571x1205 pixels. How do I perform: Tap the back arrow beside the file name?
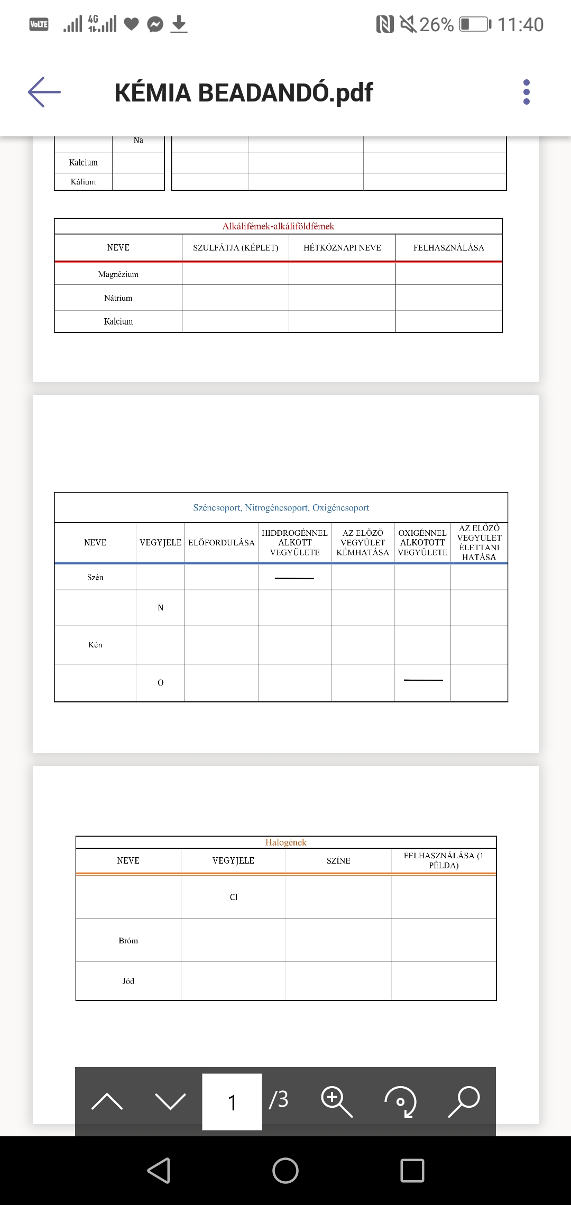tap(44, 92)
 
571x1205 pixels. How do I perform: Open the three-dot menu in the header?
tap(526, 92)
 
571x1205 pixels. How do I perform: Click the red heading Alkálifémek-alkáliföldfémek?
tap(278, 226)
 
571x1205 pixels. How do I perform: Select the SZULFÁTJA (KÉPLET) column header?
tap(235, 248)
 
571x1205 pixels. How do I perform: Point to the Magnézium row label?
tap(118, 274)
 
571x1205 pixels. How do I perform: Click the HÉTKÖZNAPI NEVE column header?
tap(342, 248)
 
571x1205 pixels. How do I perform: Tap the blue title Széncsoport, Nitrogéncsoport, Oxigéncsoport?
tap(281, 508)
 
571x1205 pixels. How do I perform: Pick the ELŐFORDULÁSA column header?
tap(222, 543)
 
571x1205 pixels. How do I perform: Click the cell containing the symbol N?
tap(161, 608)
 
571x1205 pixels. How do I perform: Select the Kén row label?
tap(96, 645)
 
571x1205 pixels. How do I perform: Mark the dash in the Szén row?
tap(294, 578)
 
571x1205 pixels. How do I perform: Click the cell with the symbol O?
tap(161, 683)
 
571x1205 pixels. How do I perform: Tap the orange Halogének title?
tap(285, 842)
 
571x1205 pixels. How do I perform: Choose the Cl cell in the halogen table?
tap(234, 897)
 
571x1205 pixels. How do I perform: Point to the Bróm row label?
tap(128, 941)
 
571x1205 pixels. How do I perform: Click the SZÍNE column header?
tap(338, 861)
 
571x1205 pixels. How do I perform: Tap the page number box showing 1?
tap(232, 1102)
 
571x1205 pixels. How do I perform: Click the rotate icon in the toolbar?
tap(400, 1101)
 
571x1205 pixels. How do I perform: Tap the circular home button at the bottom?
tap(285, 1170)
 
